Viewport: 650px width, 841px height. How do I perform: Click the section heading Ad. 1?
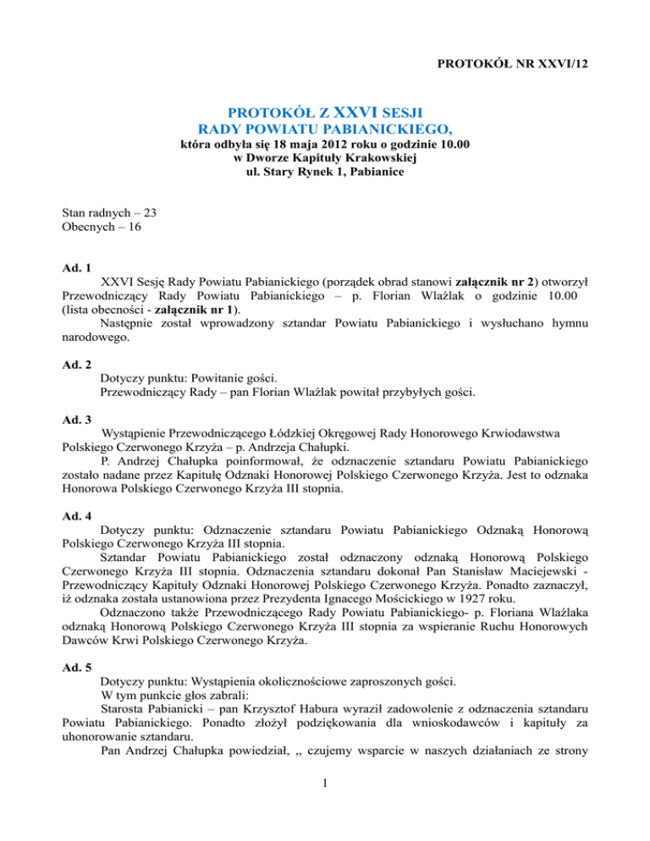78,266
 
